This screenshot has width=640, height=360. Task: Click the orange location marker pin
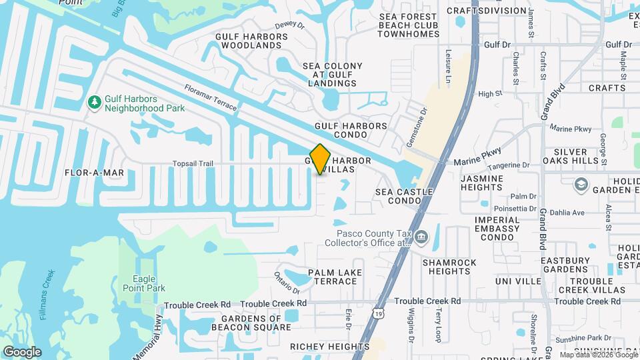[x=321, y=159]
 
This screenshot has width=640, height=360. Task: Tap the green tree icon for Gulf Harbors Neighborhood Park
[x=95, y=102]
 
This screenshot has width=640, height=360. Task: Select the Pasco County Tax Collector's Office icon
[x=421, y=237]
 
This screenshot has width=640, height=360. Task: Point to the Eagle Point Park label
[x=139, y=283]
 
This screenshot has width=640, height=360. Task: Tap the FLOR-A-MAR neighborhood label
[x=95, y=173]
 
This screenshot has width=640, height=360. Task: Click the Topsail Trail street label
[x=193, y=163]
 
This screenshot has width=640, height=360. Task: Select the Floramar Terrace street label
[x=210, y=99]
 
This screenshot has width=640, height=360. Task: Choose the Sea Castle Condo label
[x=404, y=196]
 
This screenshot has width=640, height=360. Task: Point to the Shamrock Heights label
[x=449, y=267]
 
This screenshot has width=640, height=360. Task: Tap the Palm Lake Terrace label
[x=332, y=277]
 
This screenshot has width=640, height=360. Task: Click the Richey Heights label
[x=329, y=347]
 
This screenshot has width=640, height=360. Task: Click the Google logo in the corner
[x=22, y=352]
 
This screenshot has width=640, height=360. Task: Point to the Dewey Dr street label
[x=289, y=25]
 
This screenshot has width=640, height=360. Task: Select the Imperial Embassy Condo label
[x=497, y=229]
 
